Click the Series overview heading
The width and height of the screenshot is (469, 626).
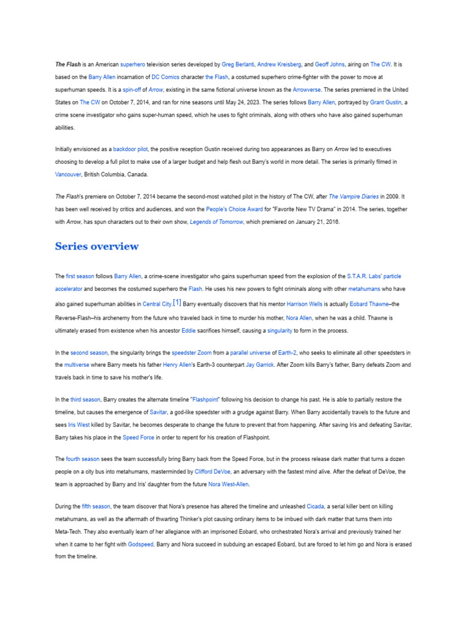96,246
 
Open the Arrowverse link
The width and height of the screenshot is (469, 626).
309,90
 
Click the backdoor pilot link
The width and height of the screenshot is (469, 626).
131,149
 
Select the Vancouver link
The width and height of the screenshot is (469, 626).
68,174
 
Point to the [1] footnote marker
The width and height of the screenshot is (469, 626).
177,303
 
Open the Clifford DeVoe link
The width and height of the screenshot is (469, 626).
214,471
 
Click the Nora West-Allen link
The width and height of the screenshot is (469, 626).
228,484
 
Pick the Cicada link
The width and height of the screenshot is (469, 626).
316,506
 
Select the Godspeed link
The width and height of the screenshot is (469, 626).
140,544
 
